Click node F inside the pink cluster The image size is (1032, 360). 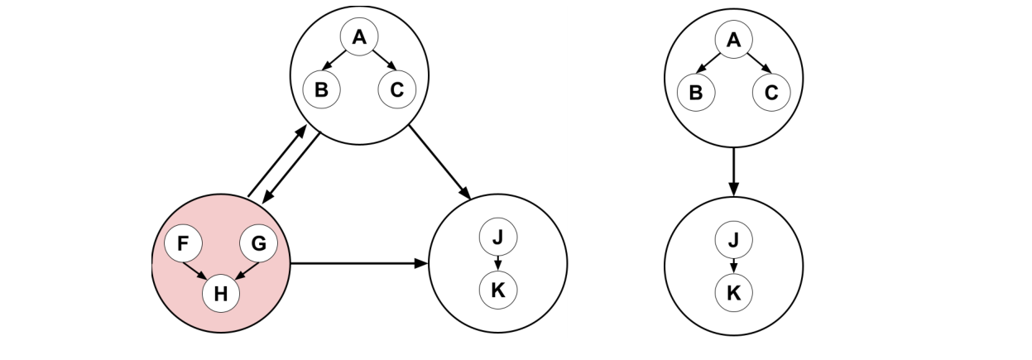(x=183, y=244)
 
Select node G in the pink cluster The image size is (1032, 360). (x=258, y=244)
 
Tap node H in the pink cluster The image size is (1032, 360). (x=221, y=293)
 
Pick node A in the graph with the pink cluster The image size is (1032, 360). (x=359, y=37)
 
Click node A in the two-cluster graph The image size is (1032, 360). (x=733, y=39)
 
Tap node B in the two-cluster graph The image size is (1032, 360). (x=696, y=92)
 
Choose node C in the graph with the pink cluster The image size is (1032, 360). (x=396, y=90)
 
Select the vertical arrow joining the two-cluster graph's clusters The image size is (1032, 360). (x=733, y=172)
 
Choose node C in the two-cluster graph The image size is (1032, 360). (x=771, y=92)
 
